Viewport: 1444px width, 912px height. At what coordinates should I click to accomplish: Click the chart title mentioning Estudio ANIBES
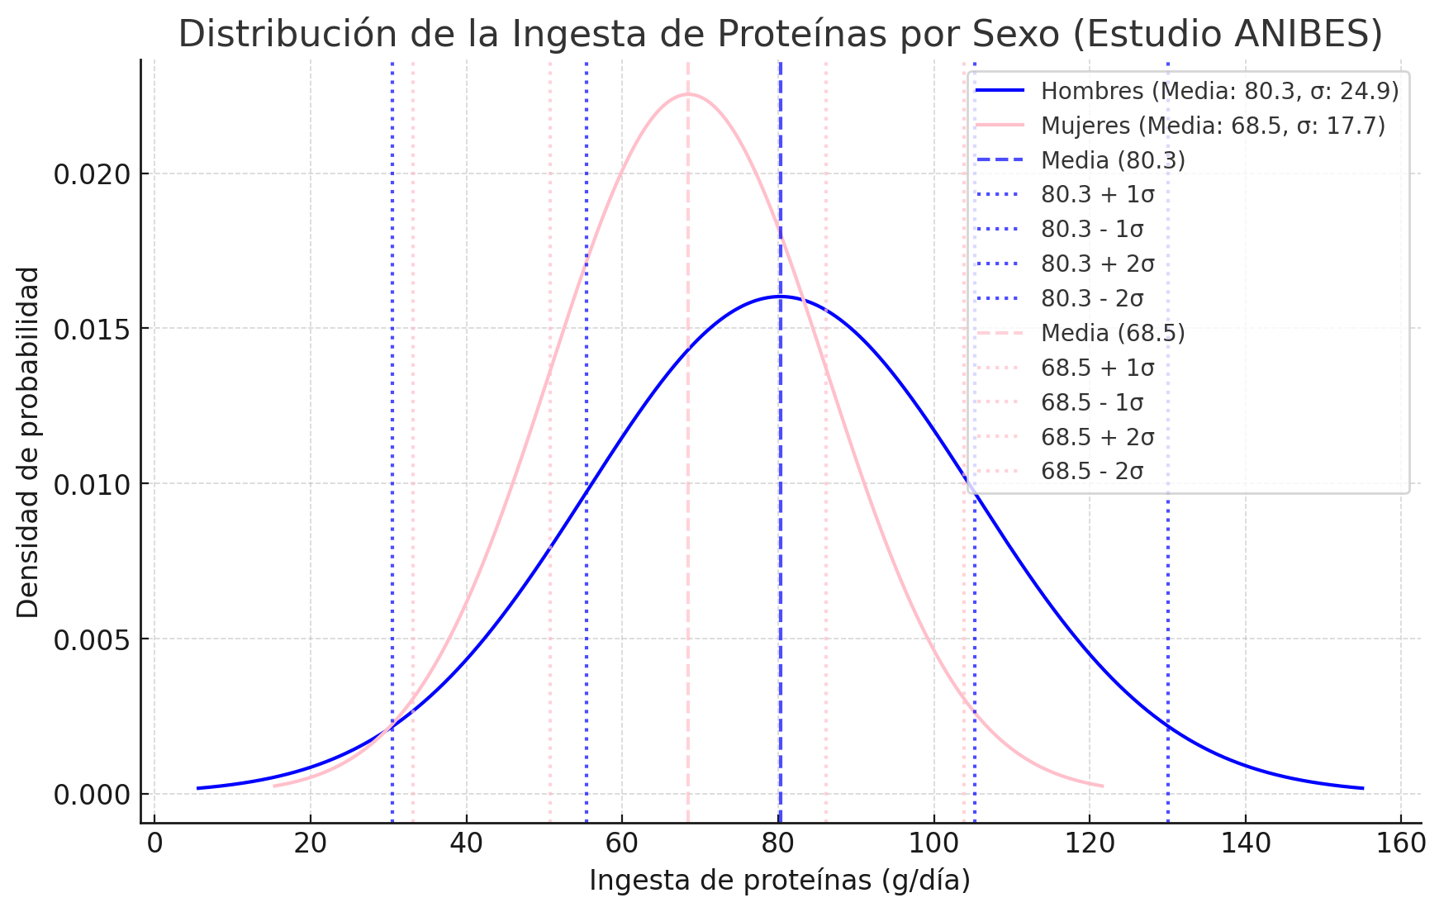pos(780,35)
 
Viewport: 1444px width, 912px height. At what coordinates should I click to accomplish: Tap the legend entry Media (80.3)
pos(1113,160)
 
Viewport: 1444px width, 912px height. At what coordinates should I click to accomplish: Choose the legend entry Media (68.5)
pos(1113,333)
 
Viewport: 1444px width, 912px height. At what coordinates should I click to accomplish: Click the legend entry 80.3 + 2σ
pos(1097,264)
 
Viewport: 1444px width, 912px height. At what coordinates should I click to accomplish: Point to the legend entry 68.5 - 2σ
pos(1092,472)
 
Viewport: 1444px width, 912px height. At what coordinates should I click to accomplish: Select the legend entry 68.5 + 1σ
pos(1097,368)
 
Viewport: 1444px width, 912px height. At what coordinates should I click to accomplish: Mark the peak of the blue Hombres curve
pos(780,296)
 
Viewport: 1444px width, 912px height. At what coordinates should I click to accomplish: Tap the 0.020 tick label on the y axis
pos(93,174)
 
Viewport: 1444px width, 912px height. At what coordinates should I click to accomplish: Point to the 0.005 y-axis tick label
pos(93,639)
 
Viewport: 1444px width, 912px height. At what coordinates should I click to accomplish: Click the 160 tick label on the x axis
pos(1402,843)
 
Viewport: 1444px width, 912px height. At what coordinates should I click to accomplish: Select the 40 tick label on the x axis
pos(466,843)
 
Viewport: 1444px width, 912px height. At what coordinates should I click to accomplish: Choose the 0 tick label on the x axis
pos(154,843)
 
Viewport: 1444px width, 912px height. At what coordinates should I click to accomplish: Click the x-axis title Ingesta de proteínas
pos(779,881)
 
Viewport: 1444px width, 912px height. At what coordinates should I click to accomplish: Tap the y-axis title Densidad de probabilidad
pos(28,442)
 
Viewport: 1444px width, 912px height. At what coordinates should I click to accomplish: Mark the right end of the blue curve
pos(1362,788)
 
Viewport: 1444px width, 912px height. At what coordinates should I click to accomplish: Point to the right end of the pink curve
pos(1102,786)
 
